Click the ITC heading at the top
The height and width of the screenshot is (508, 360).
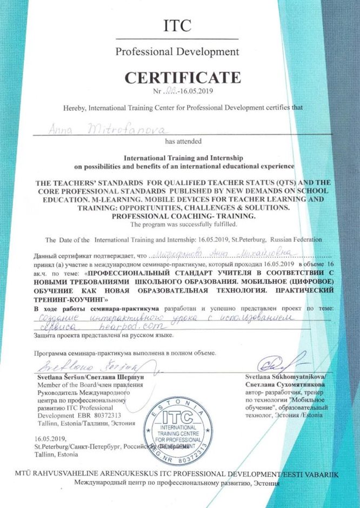(177, 25)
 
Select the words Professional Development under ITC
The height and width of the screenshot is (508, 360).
(177, 52)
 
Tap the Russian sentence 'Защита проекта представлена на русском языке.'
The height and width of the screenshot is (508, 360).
(104, 336)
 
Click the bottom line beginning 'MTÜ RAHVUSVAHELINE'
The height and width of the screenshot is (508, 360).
(176, 473)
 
